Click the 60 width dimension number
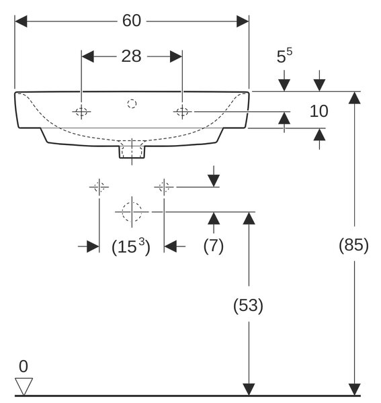(x=132, y=21)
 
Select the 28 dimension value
(x=131, y=56)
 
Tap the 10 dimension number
(x=319, y=111)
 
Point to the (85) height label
(x=353, y=245)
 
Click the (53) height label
(x=249, y=306)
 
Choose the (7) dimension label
(x=214, y=246)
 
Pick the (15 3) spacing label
(x=131, y=247)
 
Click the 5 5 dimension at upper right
(x=284, y=56)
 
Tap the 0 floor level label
(x=24, y=366)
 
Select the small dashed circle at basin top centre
(x=132, y=104)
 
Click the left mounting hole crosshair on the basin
(x=81, y=111)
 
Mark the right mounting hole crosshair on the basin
(x=182, y=111)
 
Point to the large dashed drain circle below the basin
(x=132, y=212)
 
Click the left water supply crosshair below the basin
(x=99, y=187)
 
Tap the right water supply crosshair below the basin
(x=164, y=187)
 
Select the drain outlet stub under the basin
(x=132, y=152)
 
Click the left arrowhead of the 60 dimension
(x=21, y=21)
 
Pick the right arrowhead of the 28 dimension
(x=176, y=56)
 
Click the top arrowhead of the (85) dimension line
(x=355, y=97)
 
